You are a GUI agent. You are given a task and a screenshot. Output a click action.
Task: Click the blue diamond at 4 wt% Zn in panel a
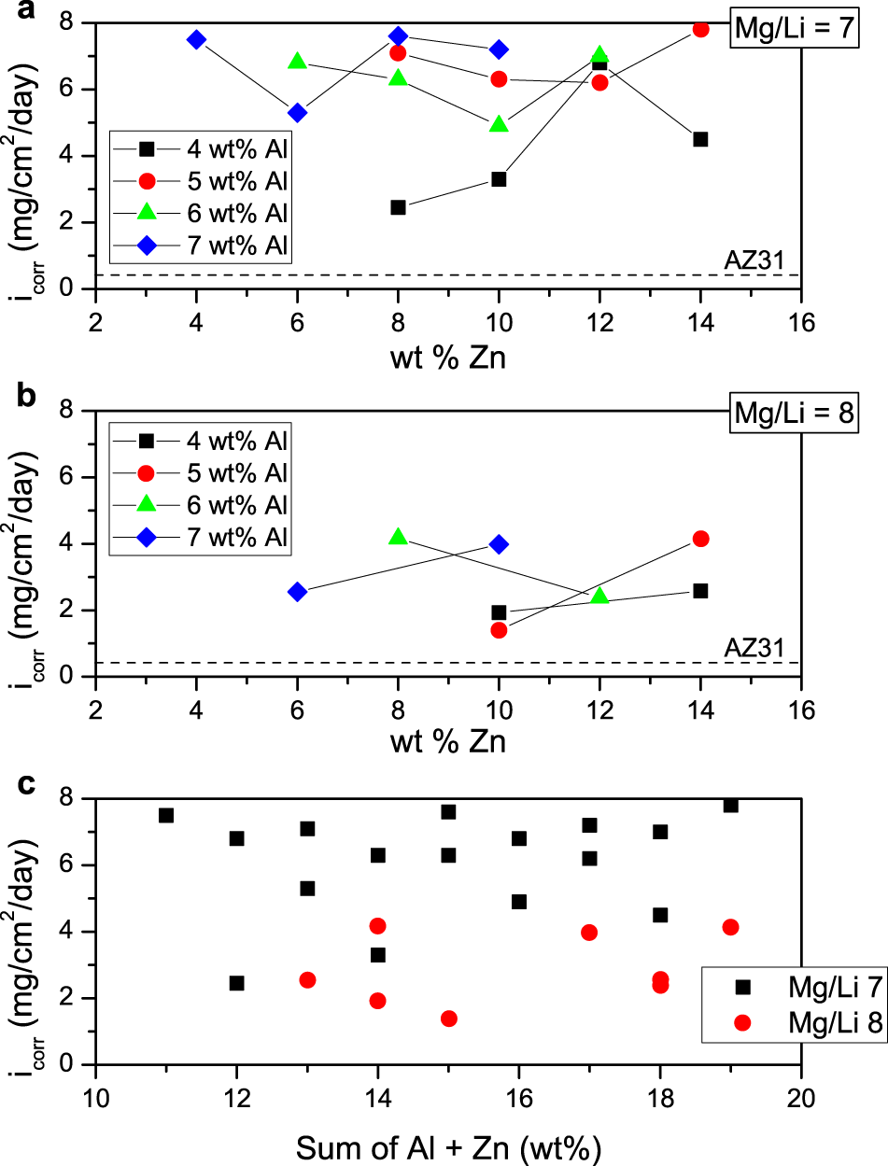tap(196, 39)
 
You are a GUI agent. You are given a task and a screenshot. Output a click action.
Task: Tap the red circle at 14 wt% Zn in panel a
tap(700, 29)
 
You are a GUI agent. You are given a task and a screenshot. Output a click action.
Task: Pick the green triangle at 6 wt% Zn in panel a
tap(297, 62)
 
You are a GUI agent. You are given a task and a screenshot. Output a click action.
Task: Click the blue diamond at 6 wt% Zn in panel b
tap(297, 591)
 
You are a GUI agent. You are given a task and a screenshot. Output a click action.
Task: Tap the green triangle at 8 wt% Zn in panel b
tap(398, 537)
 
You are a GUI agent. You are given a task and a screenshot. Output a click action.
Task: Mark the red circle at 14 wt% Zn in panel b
tap(700, 539)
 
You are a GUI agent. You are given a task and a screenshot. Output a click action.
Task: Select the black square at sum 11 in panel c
tap(166, 815)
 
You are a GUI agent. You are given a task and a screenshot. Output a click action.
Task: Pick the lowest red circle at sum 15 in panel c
tap(448, 1018)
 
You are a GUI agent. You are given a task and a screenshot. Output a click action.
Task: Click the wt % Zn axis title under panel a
tap(447, 357)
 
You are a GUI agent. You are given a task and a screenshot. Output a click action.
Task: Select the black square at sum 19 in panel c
tap(730, 805)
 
